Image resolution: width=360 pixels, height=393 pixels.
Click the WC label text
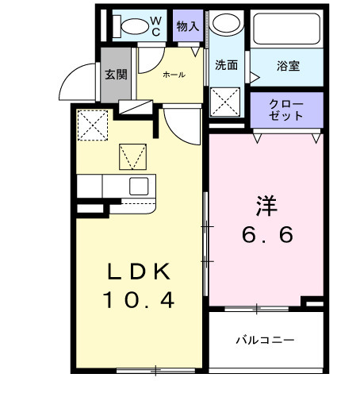click(x=156, y=24)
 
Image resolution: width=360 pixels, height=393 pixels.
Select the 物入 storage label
click(x=188, y=25)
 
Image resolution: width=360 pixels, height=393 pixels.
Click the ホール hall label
click(x=174, y=75)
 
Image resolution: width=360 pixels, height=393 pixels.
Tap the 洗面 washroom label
click(x=227, y=65)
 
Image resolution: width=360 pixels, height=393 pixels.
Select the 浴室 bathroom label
click(x=289, y=66)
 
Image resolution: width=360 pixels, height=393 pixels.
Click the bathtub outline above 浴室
click(x=288, y=29)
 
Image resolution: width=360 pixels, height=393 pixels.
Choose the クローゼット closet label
click(x=286, y=110)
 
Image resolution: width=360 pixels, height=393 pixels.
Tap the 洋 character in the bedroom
click(x=265, y=204)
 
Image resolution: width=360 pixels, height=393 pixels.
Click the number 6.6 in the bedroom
click(x=267, y=235)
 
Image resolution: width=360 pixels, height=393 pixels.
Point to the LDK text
click(x=140, y=272)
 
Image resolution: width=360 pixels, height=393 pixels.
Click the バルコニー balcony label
click(x=265, y=340)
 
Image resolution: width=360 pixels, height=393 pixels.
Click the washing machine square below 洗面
click(x=226, y=102)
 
